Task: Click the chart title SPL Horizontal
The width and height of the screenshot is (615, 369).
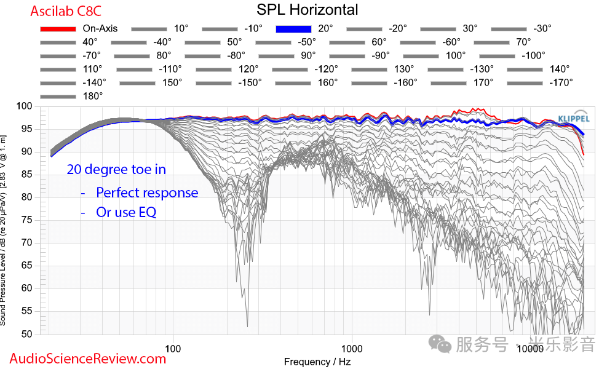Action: pos(307,10)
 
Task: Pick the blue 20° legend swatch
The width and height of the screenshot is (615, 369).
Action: pos(295,28)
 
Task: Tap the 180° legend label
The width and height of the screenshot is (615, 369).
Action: pos(92,96)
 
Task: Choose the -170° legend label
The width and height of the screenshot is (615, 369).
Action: pos(560,82)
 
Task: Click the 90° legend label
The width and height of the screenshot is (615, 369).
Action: pos(307,55)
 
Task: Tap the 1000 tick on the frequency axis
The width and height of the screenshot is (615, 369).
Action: pos(351,347)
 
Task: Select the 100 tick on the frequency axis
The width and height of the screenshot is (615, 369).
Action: pos(173,347)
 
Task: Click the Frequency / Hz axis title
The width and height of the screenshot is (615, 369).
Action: pos(317,362)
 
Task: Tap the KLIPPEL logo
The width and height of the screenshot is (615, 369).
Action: pos(573,118)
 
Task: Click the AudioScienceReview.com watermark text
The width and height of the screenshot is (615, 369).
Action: pos(88,359)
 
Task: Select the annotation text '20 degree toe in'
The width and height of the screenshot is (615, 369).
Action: pos(116,169)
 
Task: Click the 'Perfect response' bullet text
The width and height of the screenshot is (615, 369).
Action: pos(147,192)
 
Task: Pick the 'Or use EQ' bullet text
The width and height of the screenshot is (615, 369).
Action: pos(126,212)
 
